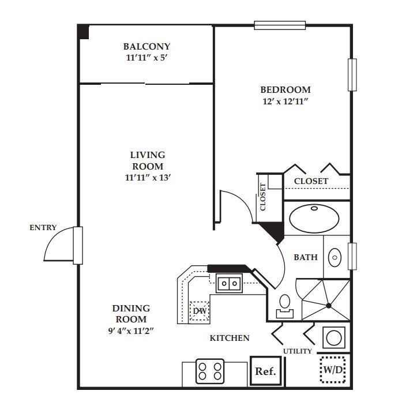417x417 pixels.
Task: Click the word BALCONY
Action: tap(146, 46)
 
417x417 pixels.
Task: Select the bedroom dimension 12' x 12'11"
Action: tap(285, 102)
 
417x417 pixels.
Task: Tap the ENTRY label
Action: tap(43, 227)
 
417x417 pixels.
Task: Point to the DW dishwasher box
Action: tap(200, 311)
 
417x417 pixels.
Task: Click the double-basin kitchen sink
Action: tap(229, 283)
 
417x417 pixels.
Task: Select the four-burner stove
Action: tap(209, 371)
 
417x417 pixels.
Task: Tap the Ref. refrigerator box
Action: tap(265, 371)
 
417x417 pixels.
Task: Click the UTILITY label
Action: tap(298, 351)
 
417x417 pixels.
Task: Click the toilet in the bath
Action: tap(284, 305)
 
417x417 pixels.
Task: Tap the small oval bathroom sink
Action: tap(335, 257)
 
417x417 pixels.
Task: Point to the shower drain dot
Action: tap(328, 305)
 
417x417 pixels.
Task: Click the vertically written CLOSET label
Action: tap(263, 197)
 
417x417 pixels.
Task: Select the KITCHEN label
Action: tap(230, 337)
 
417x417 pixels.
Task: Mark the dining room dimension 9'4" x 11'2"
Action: tap(131, 330)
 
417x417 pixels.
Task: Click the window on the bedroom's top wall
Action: tap(280, 25)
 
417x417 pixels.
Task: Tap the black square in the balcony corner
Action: tap(84, 31)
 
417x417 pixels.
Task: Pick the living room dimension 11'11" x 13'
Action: tap(147, 177)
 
